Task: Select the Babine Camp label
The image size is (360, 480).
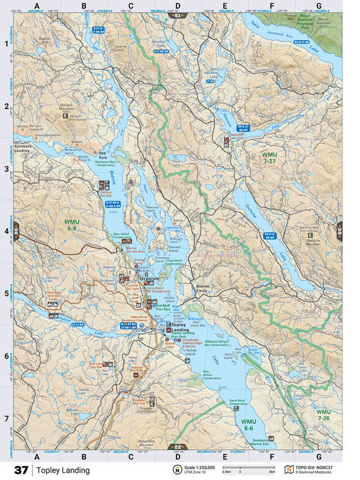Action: (x=202, y=288)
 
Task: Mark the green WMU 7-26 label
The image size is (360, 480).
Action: (x=323, y=415)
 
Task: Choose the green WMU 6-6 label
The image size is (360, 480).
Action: (x=249, y=425)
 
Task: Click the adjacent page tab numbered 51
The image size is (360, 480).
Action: (x=178, y=15)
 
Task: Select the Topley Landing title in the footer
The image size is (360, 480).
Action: (x=64, y=470)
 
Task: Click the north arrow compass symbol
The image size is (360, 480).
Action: (x=178, y=470)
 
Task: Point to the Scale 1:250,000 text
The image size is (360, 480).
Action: (x=201, y=466)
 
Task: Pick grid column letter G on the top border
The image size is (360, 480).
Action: (x=319, y=7)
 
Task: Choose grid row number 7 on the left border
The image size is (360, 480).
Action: (x=7, y=419)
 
